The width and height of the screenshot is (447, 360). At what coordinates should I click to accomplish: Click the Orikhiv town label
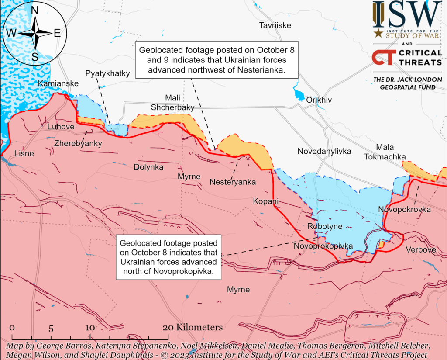319,100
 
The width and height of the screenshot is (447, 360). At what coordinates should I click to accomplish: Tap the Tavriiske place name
275,25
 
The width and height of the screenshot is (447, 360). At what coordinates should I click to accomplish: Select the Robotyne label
325,226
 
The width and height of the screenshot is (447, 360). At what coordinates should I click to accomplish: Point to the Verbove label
420,250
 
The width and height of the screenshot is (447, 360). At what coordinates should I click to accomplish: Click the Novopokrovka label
404,210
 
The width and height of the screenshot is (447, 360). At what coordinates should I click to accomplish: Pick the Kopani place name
265,201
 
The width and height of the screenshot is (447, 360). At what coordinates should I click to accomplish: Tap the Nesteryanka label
233,182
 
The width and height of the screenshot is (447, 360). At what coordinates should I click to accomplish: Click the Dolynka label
148,167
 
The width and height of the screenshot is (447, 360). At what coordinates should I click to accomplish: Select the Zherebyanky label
78,143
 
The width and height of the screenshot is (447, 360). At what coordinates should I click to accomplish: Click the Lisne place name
24,153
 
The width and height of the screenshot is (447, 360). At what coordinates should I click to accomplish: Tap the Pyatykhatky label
107,73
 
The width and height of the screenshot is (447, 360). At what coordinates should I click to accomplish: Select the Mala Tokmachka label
385,152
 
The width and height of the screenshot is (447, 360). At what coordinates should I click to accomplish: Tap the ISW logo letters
407,14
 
